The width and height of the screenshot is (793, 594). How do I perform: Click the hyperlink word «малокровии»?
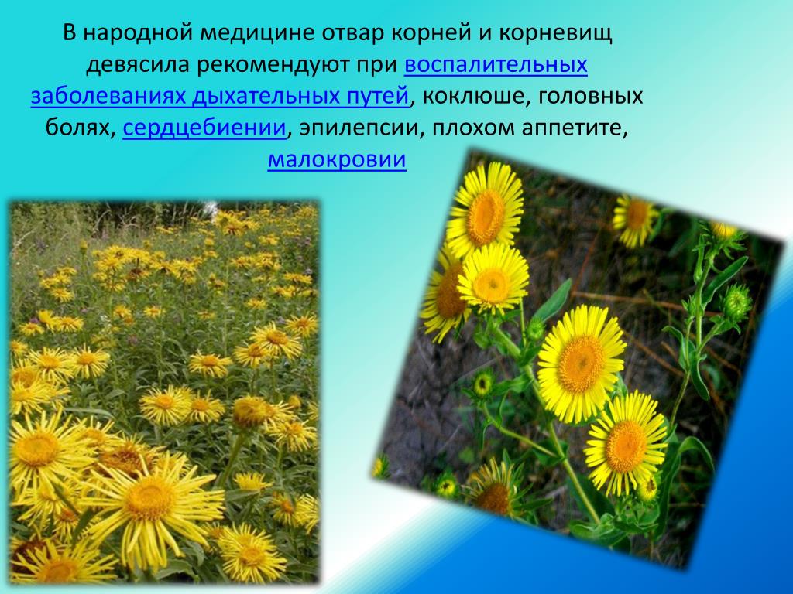coord(337,159)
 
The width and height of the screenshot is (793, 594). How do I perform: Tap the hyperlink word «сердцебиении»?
coord(204,128)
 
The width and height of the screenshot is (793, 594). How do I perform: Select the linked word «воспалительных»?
coord(496,65)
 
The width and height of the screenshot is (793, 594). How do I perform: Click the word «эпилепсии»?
coord(362,128)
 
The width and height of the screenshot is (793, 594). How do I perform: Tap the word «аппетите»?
coord(575,128)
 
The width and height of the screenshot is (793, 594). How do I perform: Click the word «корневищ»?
coord(556,33)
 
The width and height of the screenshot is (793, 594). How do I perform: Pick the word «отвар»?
coord(353,33)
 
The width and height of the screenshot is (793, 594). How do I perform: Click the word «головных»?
coord(590,97)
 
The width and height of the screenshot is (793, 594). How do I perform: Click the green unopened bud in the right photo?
coord(736,302)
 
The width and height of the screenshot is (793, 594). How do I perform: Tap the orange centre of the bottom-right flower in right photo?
coord(625,446)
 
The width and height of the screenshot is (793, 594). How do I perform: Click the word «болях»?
coord(81,128)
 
